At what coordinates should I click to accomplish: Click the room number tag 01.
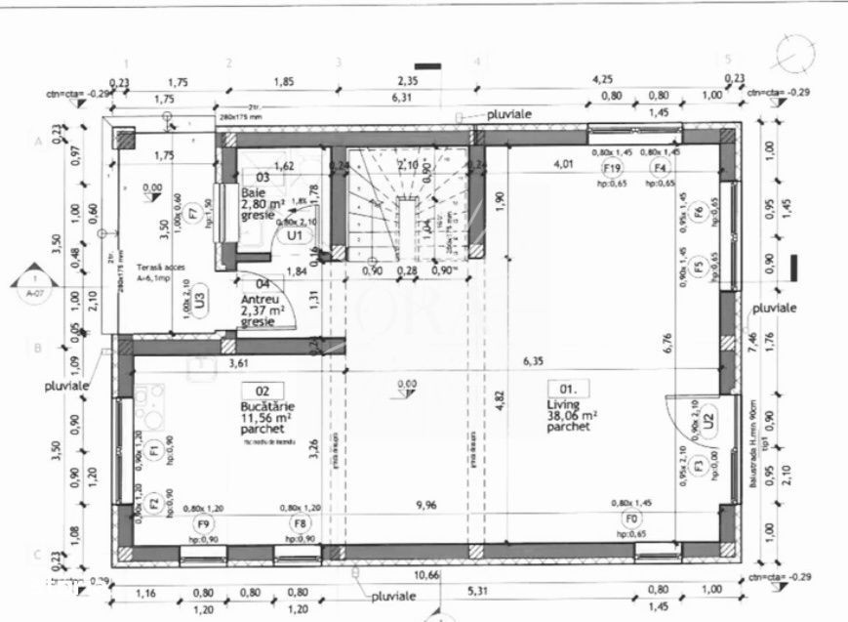[x=560, y=387]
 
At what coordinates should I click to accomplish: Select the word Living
[x=563, y=403]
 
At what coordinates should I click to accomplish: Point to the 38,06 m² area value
[x=572, y=415]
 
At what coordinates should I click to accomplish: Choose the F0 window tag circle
[x=631, y=518]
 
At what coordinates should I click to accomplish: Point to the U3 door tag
[x=199, y=296]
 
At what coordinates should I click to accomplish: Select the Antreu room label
[x=260, y=299]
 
